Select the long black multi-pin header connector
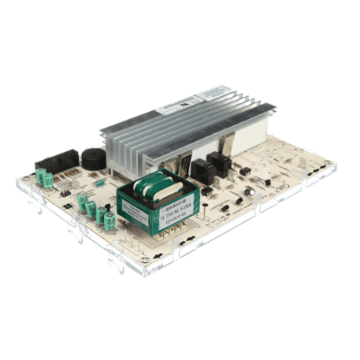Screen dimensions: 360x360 point(57,161)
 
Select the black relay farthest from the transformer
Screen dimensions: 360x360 point(222,160)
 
